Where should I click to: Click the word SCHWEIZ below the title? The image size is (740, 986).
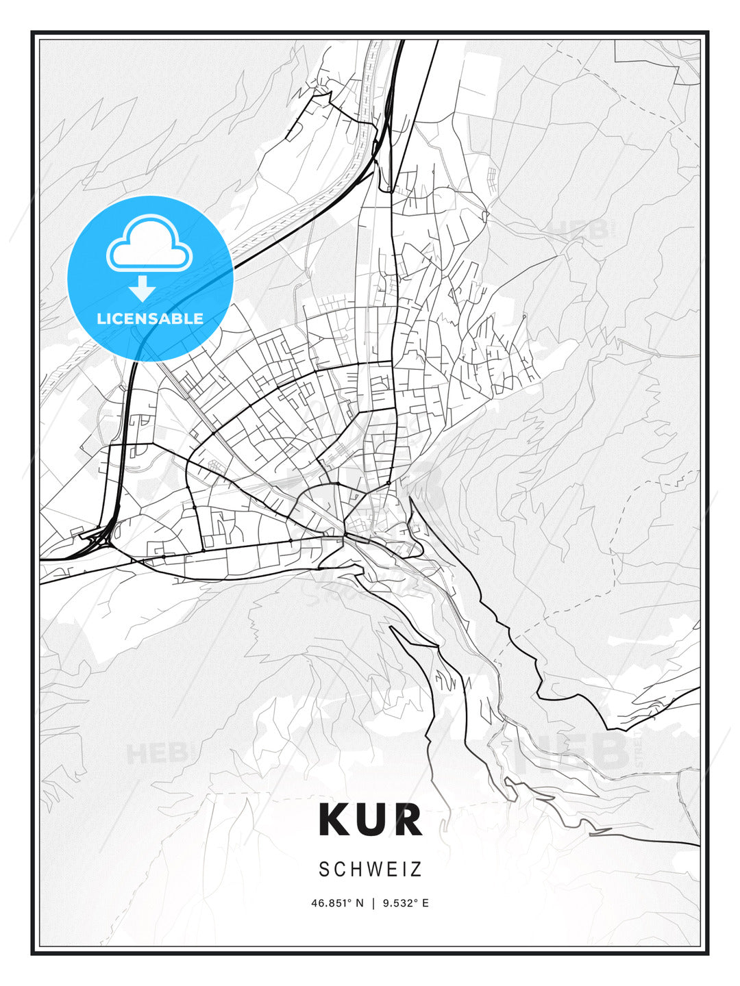click(x=370, y=870)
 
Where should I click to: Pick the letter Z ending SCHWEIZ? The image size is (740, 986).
click(x=416, y=870)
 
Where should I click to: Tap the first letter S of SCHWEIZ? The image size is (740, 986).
click(x=324, y=870)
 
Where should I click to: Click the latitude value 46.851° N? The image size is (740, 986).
click(x=338, y=903)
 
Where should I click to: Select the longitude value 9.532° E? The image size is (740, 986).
click(x=406, y=903)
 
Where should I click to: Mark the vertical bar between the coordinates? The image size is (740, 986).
click(x=373, y=903)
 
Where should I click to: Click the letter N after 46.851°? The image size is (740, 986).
click(x=360, y=903)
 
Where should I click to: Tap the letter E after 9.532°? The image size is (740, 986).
click(x=425, y=903)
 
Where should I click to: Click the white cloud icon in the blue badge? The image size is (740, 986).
click(x=149, y=244)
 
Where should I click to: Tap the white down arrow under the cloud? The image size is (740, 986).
click(x=142, y=289)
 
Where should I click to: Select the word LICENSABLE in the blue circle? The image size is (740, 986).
click(x=150, y=318)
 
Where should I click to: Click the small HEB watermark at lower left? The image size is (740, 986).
click(x=156, y=754)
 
